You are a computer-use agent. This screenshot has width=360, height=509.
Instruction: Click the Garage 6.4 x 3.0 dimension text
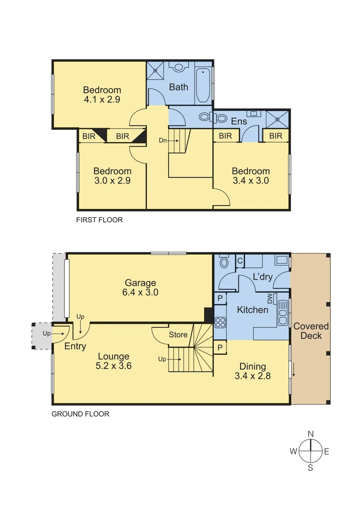click(140, 292)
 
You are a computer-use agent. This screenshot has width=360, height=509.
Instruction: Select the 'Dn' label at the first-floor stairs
click(162, 140)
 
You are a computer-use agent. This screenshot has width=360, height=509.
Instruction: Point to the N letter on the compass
click(311, 434)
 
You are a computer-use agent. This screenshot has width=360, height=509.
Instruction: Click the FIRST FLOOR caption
click(99, 220)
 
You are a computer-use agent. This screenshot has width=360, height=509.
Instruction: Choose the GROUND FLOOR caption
click(80, 414)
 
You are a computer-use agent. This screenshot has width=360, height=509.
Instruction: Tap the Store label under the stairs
click(178, 335)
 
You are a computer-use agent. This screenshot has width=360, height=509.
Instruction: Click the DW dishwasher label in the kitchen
click(270, 298)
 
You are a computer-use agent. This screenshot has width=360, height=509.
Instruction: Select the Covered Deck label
click(311, 331)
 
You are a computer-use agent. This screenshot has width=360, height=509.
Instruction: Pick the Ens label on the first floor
click(239, 122)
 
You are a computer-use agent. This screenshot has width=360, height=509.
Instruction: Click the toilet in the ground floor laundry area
click(224, 262)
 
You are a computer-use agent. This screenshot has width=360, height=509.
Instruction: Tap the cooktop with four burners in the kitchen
click(220, 323)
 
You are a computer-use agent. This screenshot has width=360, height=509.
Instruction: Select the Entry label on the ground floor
click(75, 347)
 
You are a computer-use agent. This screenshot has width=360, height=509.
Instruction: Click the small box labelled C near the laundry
click(239, 260)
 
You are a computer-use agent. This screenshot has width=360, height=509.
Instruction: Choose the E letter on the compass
click(326, 452)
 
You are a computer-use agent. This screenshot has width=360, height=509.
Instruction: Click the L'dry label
click(262, 277)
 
